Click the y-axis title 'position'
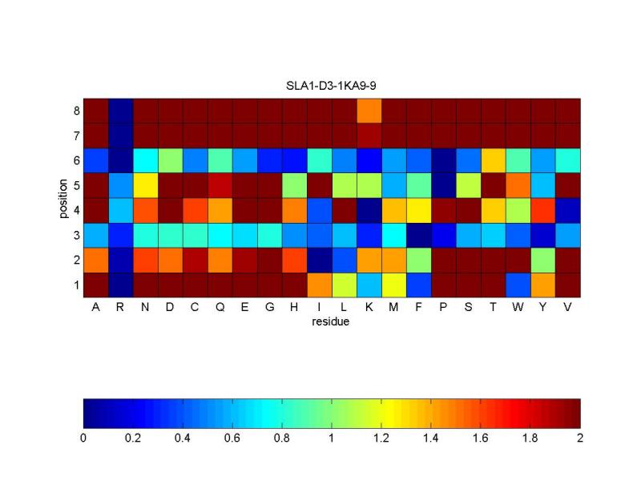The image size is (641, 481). point(62,197)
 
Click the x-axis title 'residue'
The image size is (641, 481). point(332,323)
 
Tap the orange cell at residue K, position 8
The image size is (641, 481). point(369,110)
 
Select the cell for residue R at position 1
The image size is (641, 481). point(120,285)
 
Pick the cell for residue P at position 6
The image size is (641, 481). point(444,160)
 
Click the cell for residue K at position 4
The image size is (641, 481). point(369,210)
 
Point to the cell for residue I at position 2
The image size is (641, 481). point(320,260)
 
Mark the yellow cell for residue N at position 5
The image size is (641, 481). point(145,184)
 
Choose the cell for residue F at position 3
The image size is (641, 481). point(419,235)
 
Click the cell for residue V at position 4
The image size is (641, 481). point(567,210)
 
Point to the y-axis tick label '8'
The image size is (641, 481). point(76,110)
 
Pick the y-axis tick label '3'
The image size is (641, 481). point(76,235)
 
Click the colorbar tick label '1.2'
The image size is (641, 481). point(381,439)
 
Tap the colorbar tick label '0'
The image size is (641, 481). point(83,439)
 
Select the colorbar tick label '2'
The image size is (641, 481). point(580,439)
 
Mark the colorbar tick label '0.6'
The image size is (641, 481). point(232,439)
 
